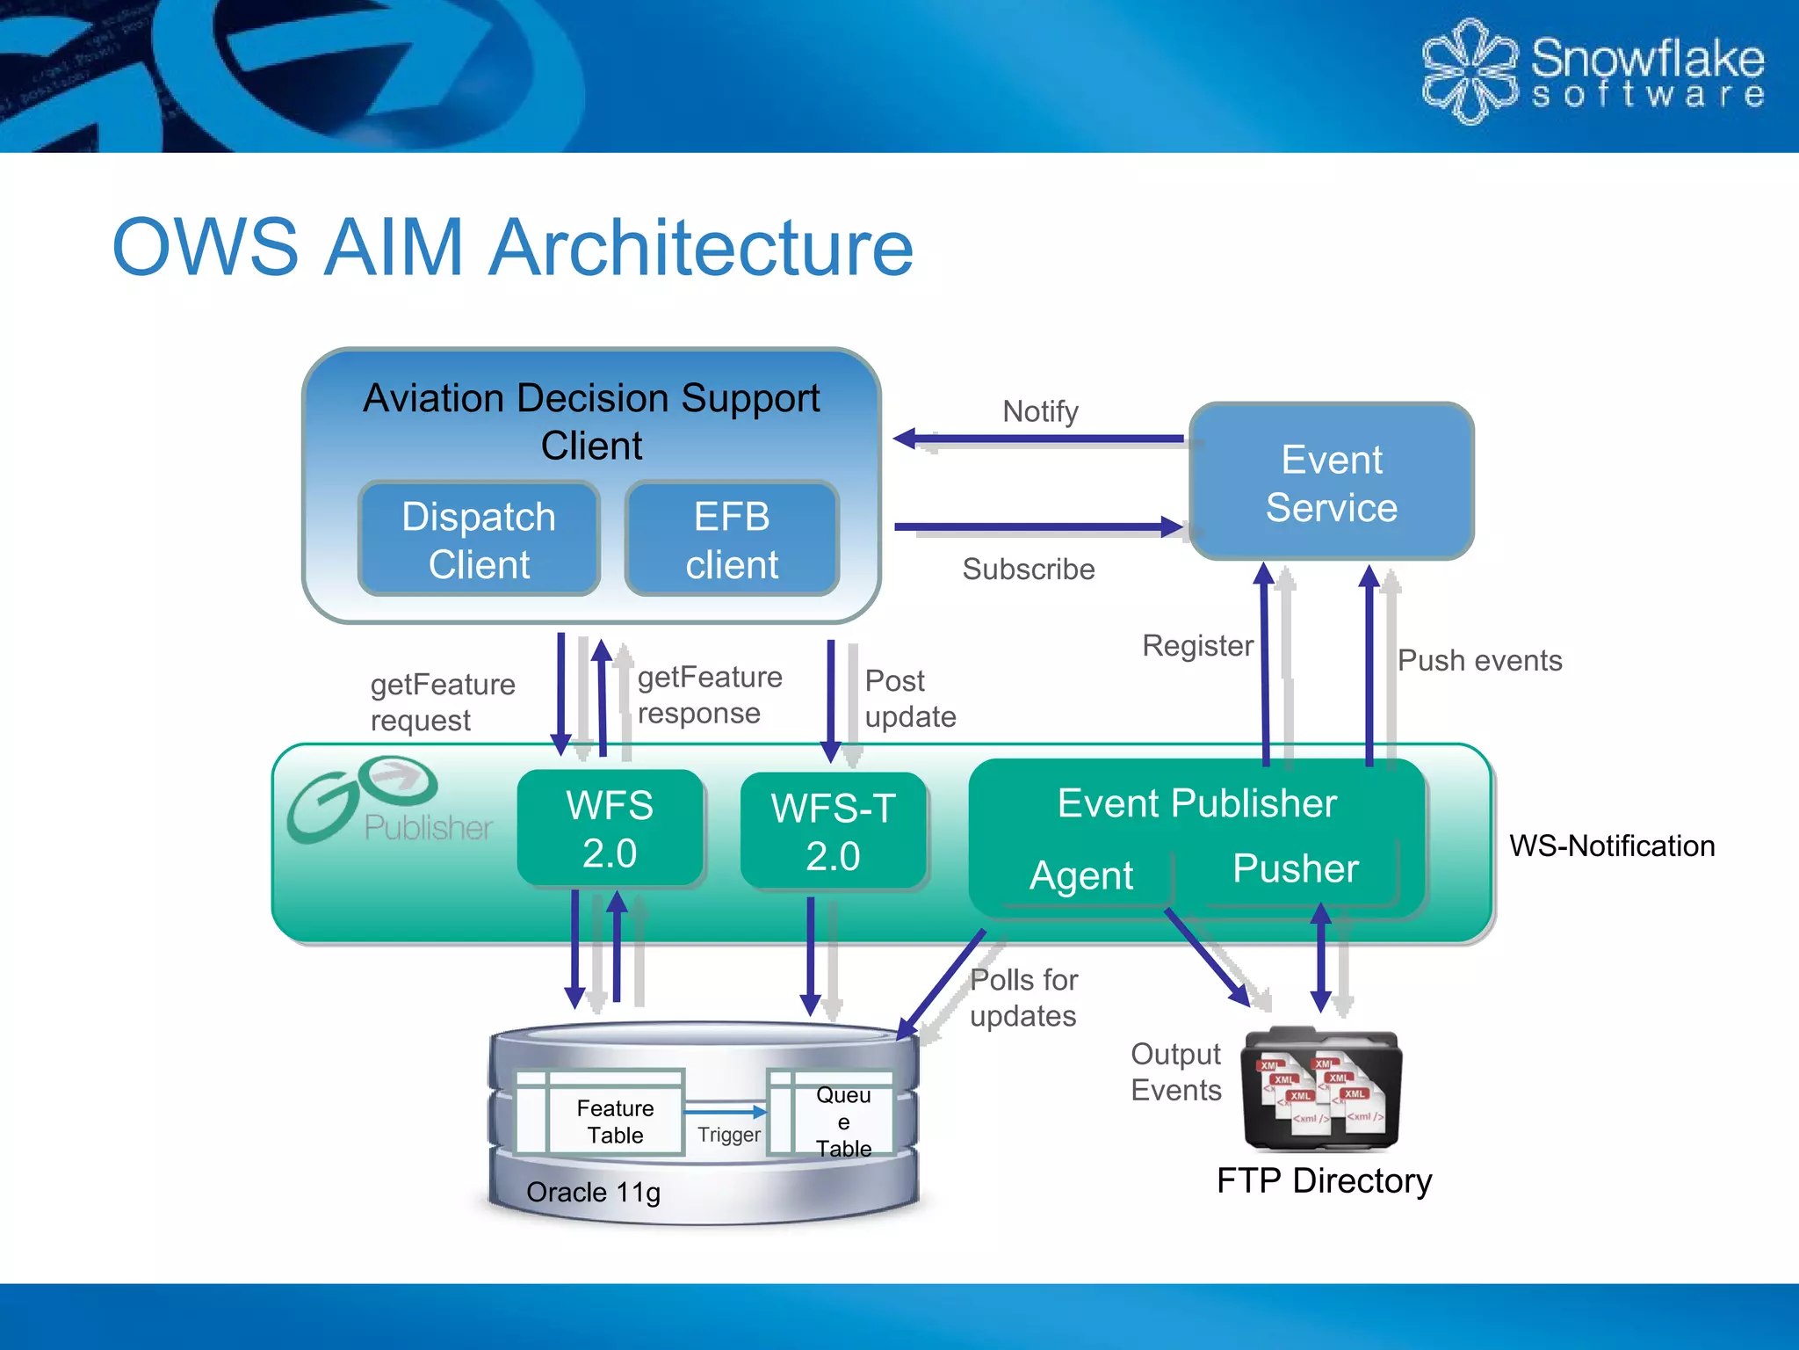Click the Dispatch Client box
(479, 539)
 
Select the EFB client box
(732, 539)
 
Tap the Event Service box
(1331, 483)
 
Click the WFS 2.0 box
(610, 829)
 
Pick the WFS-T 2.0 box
(833, 831)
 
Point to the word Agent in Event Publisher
(1081, 875)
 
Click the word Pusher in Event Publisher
(1295, 868)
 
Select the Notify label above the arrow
(1040, 411)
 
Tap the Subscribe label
(1028, 569)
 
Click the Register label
(1197, 645)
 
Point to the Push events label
(1479, 660)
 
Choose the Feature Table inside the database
(614, 1121)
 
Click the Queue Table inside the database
(842, 1121)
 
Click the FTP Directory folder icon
(1321, 1090)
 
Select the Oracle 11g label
(593, 1192)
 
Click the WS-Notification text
(1611, 846)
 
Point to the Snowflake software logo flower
(1468, 70)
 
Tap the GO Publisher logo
(387, 801)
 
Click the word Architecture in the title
(701, 248)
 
